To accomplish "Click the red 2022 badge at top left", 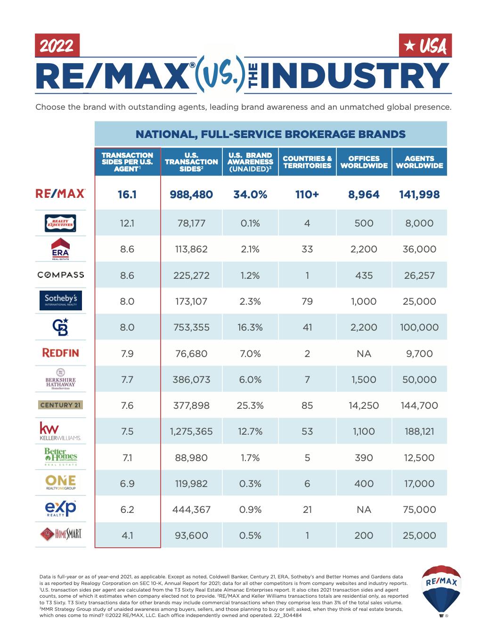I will tap(57, 46).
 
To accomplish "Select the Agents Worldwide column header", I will tap(419, 162).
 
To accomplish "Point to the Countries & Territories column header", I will tap(307, 162).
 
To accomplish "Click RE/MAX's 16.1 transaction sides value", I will tap(127, 195).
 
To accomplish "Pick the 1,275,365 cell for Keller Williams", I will tap(191, 431).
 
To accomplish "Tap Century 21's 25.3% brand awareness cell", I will tap(250, 406).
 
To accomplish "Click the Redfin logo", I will tap(60, 353).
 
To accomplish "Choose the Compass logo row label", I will tap(60, 275).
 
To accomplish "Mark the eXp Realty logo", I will tap(60, 509).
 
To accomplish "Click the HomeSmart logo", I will tap(60, 535).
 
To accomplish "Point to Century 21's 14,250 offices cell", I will tap(364, 406).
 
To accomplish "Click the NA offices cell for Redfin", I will tap(364, 354).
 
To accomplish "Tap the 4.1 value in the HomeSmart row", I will tap(127, 536).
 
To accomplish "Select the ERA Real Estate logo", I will tap(60, 249).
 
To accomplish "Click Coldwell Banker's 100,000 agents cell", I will tap(419, 327).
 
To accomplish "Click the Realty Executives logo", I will tap(60, 223).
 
